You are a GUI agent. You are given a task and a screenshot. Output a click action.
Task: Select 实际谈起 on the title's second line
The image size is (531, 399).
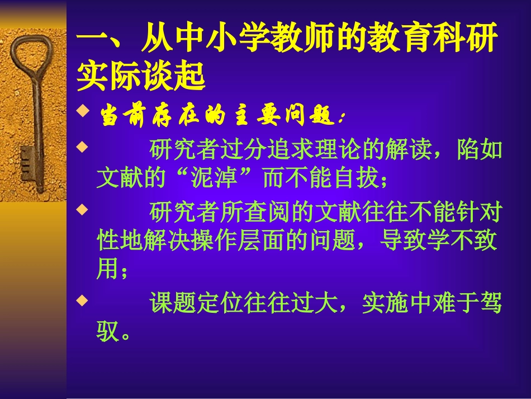click(141, 77)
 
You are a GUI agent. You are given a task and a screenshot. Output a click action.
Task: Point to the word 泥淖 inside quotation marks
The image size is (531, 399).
click(214, 179)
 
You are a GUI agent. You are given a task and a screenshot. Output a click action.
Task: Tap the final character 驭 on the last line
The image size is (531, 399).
click(108, 332)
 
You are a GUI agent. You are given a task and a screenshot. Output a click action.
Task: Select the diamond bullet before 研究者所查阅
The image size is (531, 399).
click(82, 210)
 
